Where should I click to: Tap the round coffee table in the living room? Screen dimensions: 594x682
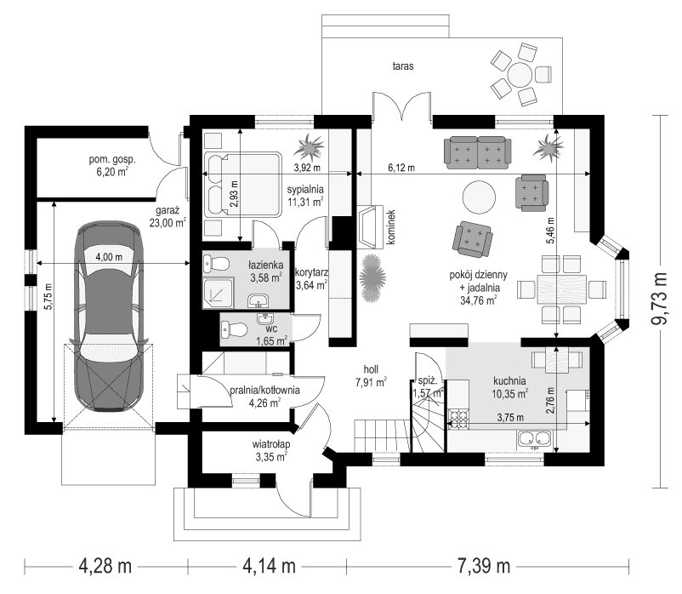477,197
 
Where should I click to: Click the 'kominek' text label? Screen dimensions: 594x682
392,228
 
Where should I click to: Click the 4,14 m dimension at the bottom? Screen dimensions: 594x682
271,565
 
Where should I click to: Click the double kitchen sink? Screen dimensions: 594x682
537,438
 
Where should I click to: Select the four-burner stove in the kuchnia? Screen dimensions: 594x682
460,418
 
